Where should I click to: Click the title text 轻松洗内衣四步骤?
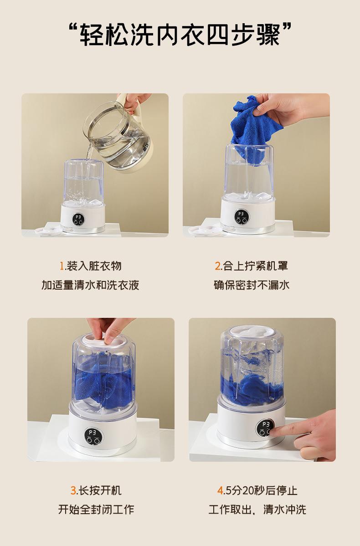pyautogui.click(x=180, y=35)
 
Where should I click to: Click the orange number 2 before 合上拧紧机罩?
pyautogui.click(x=217, y=266)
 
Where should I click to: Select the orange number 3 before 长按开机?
pyautogui.click(x=73, y=490)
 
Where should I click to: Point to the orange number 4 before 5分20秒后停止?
pyautogui.click(x=220, y=490)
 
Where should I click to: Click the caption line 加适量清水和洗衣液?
pyautogui.click(x=90, y=285)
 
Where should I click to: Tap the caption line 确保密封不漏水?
pyautogui.click(x=252, y=285)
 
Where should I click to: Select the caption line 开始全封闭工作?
pyautogui.click(x=96, y=510)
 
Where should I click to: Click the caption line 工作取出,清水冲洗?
pyautogui.click(x=257, y=510)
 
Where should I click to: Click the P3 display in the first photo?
pyautogui.click(x=78, y=217)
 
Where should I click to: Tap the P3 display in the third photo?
pyautogui.click(x=93, y=432)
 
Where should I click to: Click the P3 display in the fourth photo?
pyautogui.click(x=266, y=424)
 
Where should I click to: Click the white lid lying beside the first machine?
pyautogui.click(x=48, y=230)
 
